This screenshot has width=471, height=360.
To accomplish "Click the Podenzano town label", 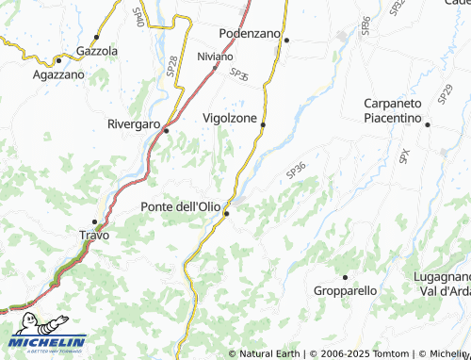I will pyautogui.click(x=250, y=33).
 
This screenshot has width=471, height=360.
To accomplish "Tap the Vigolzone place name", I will pyautogui.click(x=229, y=118).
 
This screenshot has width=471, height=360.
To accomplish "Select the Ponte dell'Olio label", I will pyautogui.click(x=180, y=206).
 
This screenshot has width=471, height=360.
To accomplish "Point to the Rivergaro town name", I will pyautogui.click(x=133, y=123).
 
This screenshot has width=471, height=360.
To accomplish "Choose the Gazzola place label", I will pyautogui.click(x=97, y=50).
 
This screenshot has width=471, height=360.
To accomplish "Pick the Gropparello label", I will pyautogui.click(x=345, y=291).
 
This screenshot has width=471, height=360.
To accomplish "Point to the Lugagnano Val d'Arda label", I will pyautogui.click(x=442, y=283).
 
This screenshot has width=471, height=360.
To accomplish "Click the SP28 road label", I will pyautogui.click(x=171, y=65).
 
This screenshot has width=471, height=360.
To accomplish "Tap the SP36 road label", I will pyautogui.click(x=296, y=171).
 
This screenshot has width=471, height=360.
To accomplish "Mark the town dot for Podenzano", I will pyautogui.click(x=286, y=40).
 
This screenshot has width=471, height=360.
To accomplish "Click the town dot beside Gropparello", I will pyautogui.click(x=345, y=277).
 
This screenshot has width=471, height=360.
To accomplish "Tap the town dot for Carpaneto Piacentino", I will pyautogui.click(x=427, y=124).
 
